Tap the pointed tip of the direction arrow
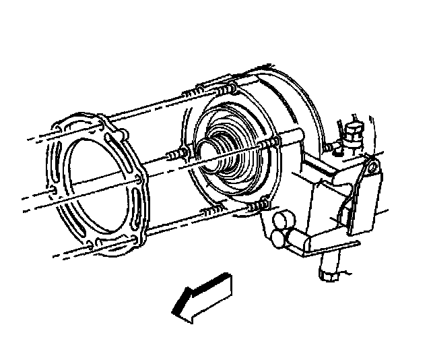coord(174,311)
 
